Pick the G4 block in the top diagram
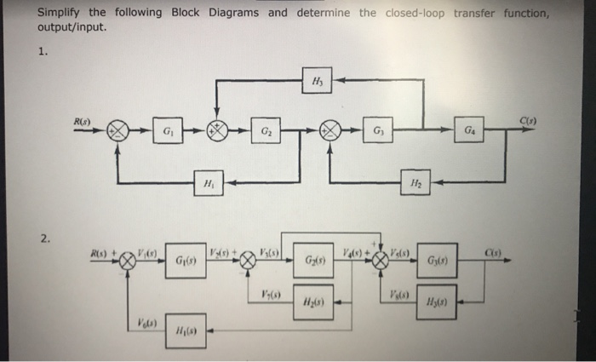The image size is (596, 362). [471, 130]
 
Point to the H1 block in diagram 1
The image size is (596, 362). [208, 181]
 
